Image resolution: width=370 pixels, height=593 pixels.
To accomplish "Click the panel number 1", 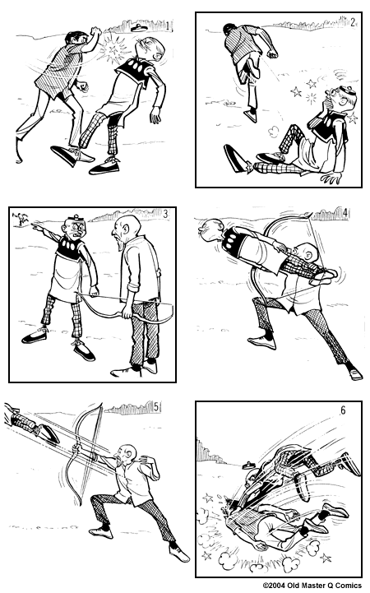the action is [x=168, y=26].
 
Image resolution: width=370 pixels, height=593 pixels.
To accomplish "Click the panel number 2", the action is [x=353, y=22].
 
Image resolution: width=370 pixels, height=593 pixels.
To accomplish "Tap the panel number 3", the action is [x=165, y=214].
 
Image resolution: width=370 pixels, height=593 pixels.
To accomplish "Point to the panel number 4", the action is [x=345, y=213].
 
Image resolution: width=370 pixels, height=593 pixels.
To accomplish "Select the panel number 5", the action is [x=156, y=407].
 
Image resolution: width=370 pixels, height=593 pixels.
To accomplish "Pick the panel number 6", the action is [x=343, y=410].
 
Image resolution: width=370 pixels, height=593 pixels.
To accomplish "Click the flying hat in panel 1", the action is [x=138, y=27].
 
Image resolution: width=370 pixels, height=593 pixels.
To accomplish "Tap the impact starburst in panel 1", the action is [x=113, y=49].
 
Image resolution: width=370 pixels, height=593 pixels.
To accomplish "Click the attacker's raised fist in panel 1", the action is [x=95, y=30].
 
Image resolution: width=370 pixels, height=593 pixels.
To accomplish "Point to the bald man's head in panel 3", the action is [x=125, y=228].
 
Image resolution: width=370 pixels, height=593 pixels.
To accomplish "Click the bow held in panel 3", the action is [x=125, y=306].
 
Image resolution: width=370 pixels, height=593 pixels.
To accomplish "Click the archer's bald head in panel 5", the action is [x=126, y=454].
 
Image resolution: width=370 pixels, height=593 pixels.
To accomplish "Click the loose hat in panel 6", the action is [x=249, y=465].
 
